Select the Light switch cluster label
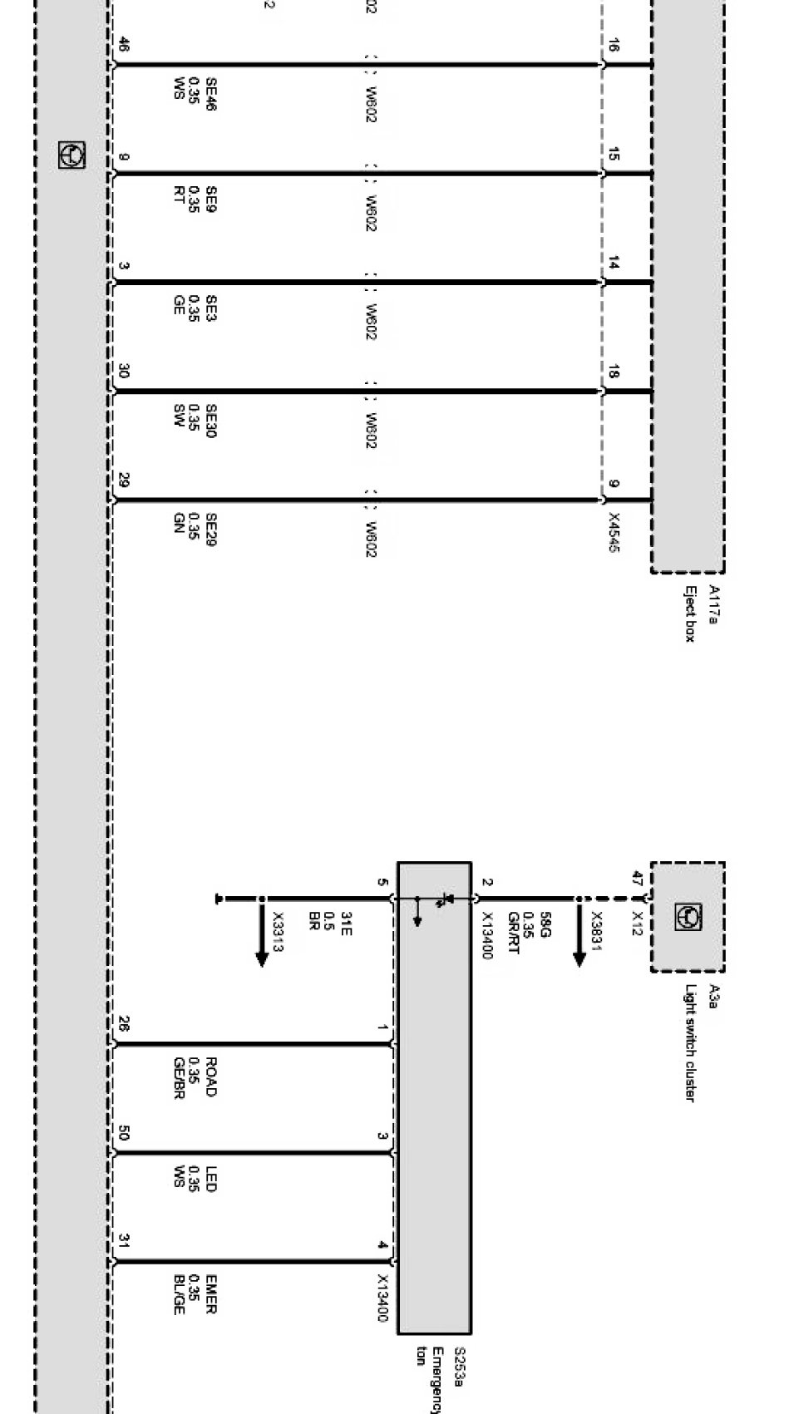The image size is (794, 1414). coord(690,1043)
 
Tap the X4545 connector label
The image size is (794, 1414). coord(614,532)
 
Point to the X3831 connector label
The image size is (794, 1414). coord(596,929)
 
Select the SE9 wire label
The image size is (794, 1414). coord(211,200)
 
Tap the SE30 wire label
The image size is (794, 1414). coord(211,421)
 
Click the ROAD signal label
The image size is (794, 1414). coord(211,1077)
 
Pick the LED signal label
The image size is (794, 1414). coord(211,1180)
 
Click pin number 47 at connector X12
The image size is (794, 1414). coord(638,878)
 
